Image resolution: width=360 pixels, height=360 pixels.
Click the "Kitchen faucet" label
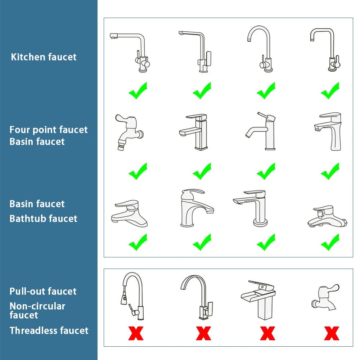click(44, 57)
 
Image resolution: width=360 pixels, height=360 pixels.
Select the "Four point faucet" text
click(49, 130)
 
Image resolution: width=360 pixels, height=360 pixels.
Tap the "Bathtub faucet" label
click(43, 219)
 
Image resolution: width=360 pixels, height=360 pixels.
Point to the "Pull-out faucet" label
click(43, 291)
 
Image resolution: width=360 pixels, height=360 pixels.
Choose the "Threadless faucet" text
click(49, 330)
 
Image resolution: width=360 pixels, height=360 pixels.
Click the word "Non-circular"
click(37, 306)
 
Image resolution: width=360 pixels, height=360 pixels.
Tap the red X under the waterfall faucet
click(267, 333)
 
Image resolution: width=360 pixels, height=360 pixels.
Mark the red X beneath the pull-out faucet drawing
click(136, 333)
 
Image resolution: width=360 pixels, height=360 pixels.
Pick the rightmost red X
click(331, 333)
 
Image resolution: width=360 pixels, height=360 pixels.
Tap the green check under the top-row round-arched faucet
click(266, 91)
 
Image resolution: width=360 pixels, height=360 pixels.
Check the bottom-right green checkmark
click(330, 242)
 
